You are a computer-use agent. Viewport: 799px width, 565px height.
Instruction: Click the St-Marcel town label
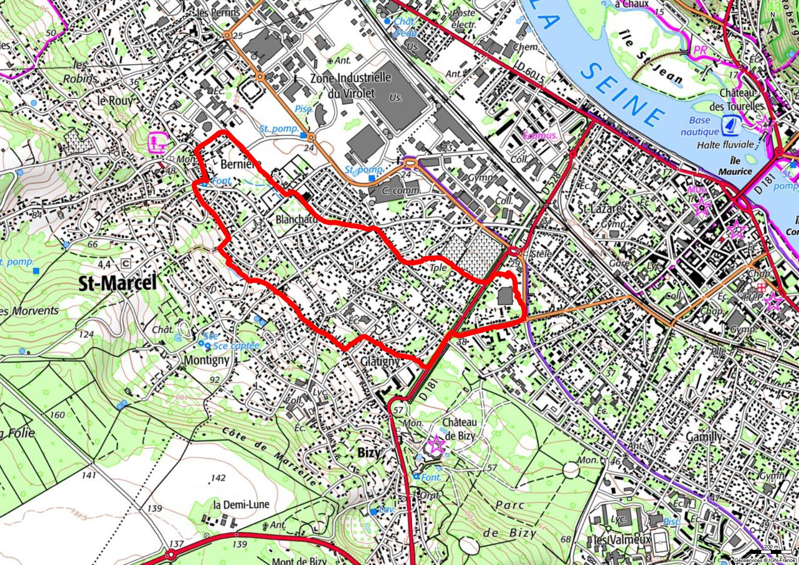coord(118,283)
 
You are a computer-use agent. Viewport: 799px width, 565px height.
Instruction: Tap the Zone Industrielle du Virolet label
coord(350,85)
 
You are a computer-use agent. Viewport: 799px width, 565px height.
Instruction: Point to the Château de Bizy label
coord(459,429)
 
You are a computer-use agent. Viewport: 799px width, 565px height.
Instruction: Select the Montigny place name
coord(206,360)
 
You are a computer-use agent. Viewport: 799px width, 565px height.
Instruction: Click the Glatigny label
coord(380,361)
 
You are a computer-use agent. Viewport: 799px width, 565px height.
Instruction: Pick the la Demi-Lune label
coord(241,505)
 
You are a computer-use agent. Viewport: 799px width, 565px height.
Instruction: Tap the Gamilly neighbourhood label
coord(704,436)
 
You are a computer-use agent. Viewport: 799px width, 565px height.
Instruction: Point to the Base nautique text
coord(700,126)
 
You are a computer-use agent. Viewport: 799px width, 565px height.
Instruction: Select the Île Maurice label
coord(735,167)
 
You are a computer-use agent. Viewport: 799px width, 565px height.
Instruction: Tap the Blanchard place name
coord(297,220)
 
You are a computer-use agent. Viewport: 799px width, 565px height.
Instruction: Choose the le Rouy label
coord(115,100)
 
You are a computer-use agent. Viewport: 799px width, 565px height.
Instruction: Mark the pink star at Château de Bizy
coord(436,444)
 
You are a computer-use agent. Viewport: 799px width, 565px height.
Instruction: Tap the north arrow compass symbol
coord(774,23)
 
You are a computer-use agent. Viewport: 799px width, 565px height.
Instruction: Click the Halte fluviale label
coord(725,145)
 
